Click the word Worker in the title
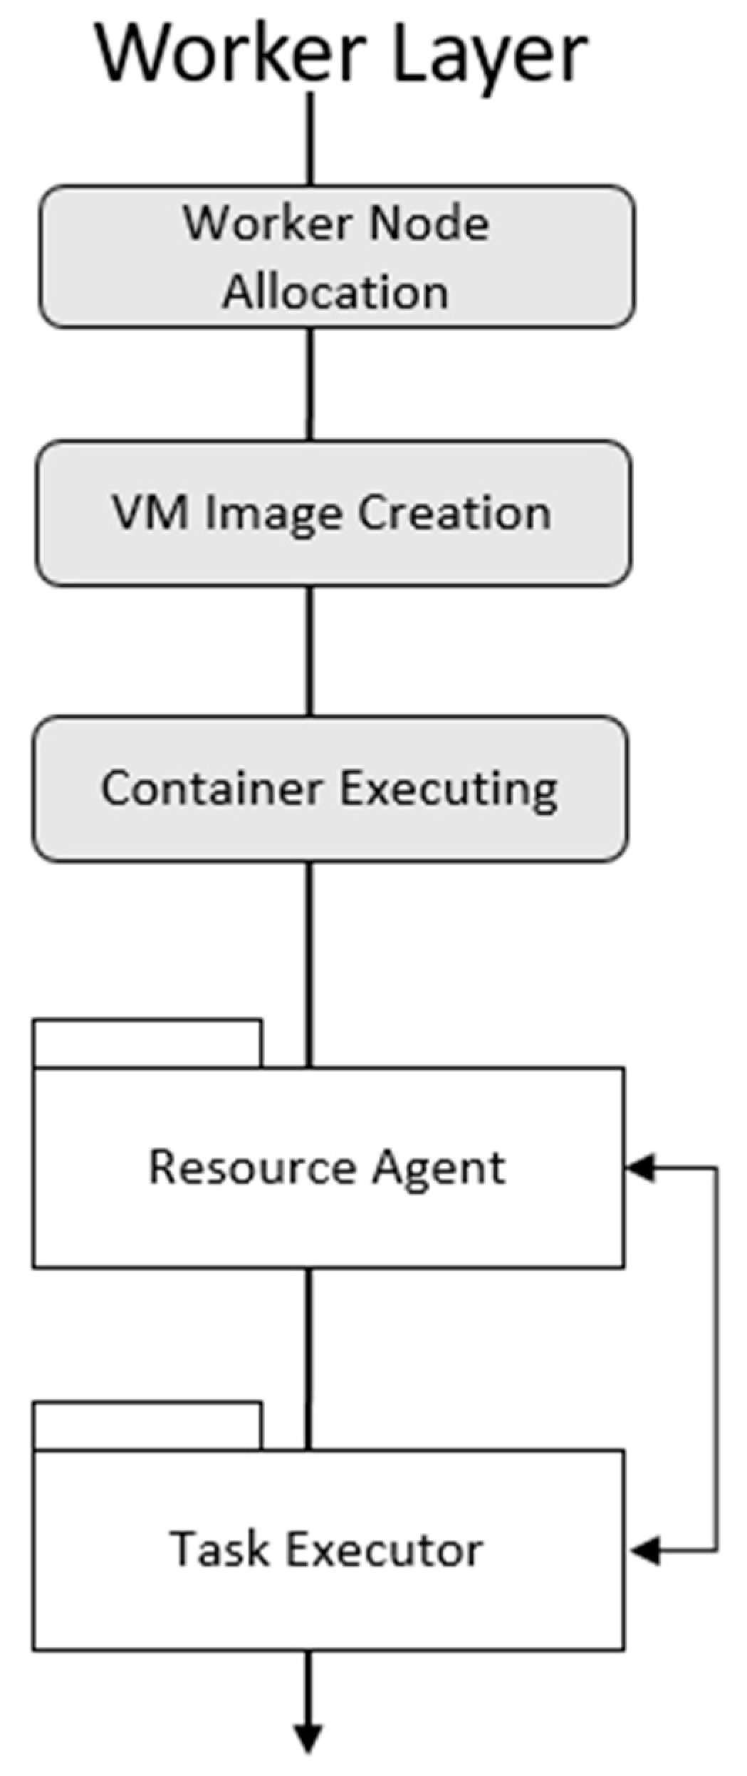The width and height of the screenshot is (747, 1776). (x=231, y=54)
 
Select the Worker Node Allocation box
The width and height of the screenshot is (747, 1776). (x=336, y=256)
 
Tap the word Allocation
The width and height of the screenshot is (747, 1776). (x=335, y=292)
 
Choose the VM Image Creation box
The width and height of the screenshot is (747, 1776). (x=333, y=513)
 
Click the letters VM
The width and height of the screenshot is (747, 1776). (x=150, y=513)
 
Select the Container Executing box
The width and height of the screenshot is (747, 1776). (x=330, y=789)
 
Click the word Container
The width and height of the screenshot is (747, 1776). (x=211, y=789)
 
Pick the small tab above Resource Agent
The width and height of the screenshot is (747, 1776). (x=147, y=1044)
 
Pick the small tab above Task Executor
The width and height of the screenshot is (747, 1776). (x=147, y=1426)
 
